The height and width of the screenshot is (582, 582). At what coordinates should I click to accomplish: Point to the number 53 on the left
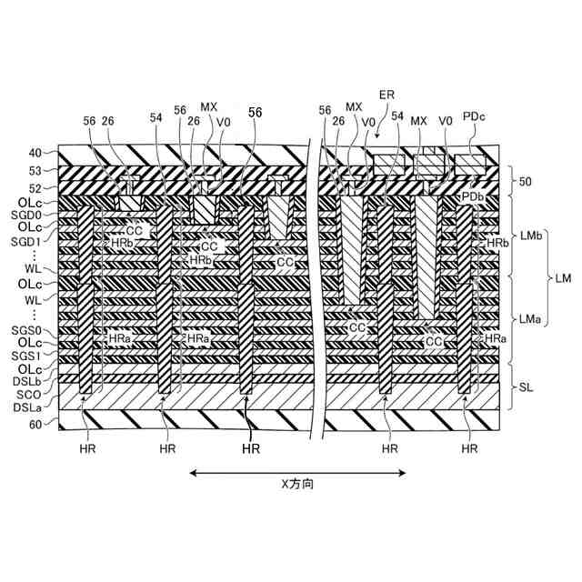point(35,170)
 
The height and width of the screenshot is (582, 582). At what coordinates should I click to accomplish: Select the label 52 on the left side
point(35,187)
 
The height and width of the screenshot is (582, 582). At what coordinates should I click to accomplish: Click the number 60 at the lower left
point(35,425)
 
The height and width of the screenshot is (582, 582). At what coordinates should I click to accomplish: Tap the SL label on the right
point(527,387)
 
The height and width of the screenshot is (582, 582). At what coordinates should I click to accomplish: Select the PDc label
point(475,116)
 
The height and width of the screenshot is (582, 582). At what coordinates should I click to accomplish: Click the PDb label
point(472,196)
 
